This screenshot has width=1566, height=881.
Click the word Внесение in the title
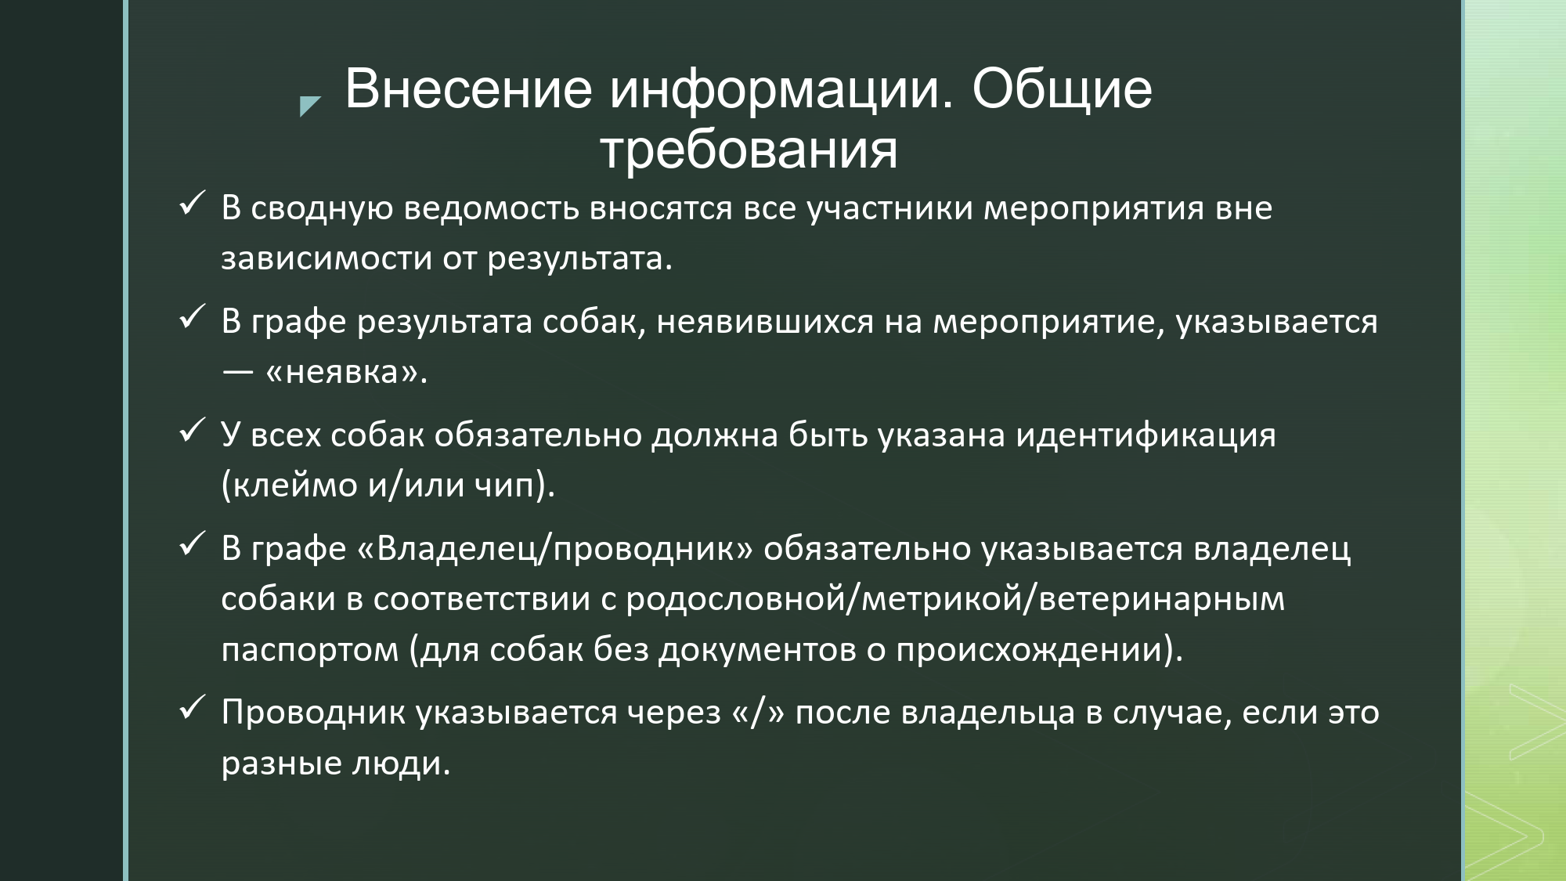468,88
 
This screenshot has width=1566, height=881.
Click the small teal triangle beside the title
310,106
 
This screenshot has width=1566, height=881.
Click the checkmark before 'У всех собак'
192,431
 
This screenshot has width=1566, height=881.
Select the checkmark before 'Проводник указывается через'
192,709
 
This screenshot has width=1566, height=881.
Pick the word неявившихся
765,323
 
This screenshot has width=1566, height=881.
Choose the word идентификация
1146,436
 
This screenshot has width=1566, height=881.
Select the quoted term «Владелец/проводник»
555,550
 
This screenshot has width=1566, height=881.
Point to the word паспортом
310,651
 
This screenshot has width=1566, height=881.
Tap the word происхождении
1029,651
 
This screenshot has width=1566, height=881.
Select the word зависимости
327,259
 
